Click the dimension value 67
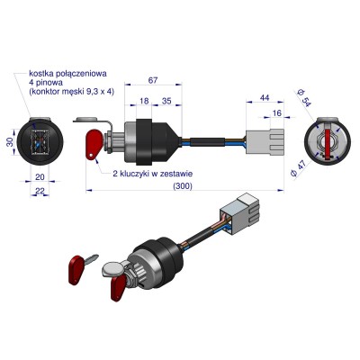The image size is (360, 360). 153,80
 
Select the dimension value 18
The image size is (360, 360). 144,101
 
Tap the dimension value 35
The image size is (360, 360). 166,101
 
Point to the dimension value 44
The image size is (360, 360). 265,98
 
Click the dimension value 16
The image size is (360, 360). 276,112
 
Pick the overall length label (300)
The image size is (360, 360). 183,186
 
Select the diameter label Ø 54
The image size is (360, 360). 304,97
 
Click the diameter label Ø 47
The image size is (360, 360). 298,168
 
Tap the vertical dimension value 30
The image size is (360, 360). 10,141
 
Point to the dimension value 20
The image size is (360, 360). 40,177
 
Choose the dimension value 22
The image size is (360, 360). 40,191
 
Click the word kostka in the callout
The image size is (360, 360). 40,73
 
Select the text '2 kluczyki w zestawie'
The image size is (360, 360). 153,174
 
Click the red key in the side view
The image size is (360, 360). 94,143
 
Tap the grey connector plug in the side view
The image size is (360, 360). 265,141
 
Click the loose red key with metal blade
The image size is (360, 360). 82,267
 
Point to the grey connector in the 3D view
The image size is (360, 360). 240,214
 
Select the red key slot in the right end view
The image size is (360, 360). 328,142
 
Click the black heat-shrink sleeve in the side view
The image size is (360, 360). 207,141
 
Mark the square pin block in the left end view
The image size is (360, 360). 40,141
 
